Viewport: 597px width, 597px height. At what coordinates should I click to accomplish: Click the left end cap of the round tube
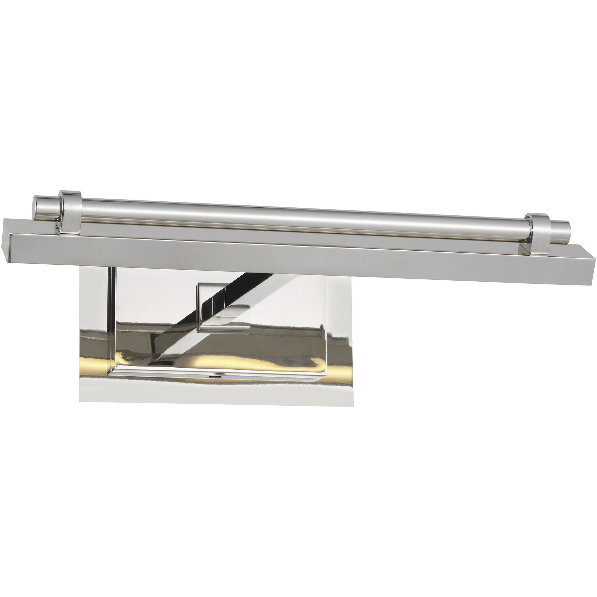tap(46, 207)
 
